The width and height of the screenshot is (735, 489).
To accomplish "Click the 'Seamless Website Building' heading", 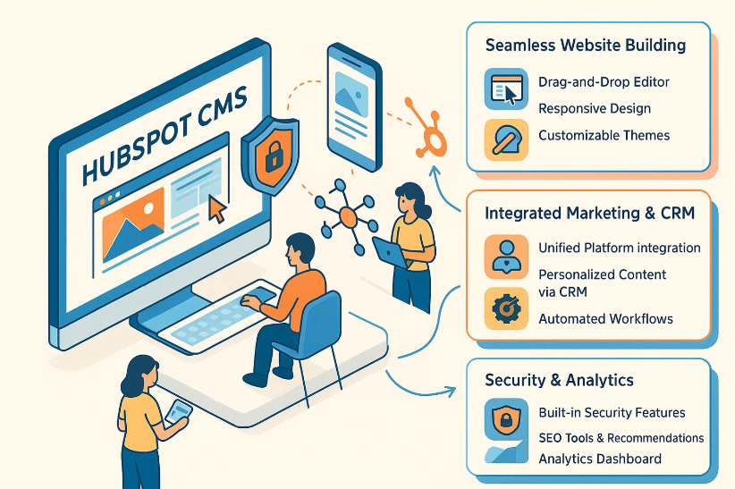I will (x=586, y=45).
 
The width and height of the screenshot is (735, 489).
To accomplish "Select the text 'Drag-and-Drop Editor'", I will (x=604, y=82).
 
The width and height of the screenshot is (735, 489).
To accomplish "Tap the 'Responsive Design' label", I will (x=594, y=109).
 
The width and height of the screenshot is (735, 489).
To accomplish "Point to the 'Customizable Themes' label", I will (x=604, y=136).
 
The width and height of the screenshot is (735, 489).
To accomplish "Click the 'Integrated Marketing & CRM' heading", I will (x=589, y=214).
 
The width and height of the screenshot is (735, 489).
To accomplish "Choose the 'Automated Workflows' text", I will (x=605, y=319).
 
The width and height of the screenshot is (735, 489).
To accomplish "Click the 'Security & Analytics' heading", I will (x=559, y=381).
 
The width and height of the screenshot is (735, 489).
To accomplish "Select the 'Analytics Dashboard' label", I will (x=600, y=459).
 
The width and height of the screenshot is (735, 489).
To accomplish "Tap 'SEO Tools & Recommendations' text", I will (x=621, y=438).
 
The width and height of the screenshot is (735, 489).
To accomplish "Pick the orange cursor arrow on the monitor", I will (x=216, y=209).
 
